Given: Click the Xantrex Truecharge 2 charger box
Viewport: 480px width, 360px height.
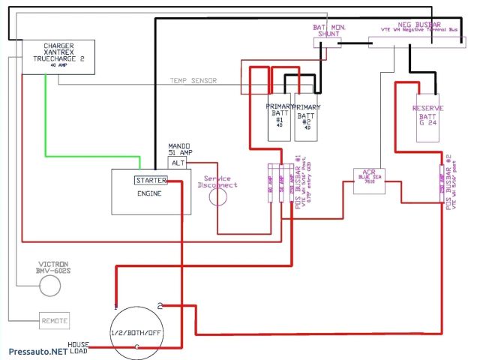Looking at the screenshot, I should coord(56,56).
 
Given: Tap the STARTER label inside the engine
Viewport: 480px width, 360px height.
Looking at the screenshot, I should coord(151,180).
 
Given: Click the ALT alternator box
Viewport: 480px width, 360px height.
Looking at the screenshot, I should coord(177,162).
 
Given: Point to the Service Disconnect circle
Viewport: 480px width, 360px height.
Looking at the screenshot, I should coord(217,197).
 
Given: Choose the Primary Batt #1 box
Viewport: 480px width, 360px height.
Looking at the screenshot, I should coord(279,118).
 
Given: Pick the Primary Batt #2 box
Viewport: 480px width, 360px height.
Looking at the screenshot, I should coord(307,118).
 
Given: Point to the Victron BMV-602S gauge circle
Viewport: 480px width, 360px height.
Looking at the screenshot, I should coord(49,285).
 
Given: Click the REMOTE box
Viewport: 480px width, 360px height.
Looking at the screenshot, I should coord(54,320).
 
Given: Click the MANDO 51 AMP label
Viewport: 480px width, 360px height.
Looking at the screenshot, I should coord(179,148).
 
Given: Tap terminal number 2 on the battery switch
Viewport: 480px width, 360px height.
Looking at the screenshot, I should coord(160,304).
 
